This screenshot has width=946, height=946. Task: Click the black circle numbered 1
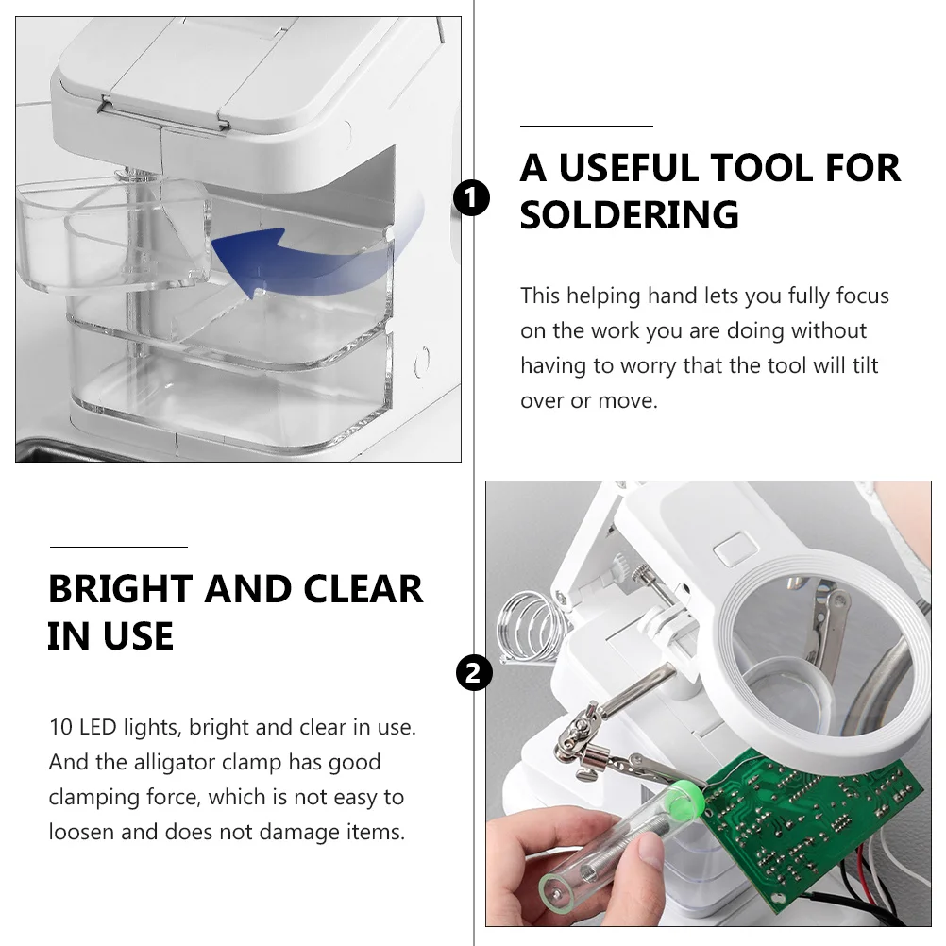(x=472, y=199)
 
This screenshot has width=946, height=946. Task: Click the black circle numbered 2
(x=473, y=672)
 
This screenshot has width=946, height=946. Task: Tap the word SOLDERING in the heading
(x=629, y=215)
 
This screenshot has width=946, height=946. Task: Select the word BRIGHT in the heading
(x=120, y=589)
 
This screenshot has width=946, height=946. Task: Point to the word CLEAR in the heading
(x=363, y=589)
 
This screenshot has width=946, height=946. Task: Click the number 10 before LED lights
(x=59, y=728)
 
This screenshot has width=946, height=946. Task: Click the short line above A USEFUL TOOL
(x=586, y=126)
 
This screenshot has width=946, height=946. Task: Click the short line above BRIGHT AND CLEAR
(x=118, y=547)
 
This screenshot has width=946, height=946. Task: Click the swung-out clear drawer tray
(x=113, y=236)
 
